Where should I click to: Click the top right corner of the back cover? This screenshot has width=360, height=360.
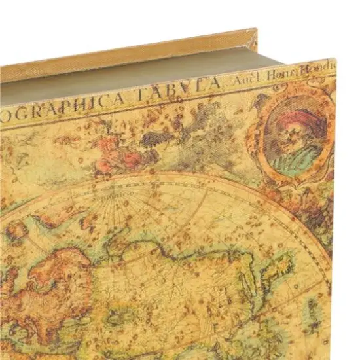(x=255, y=30)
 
